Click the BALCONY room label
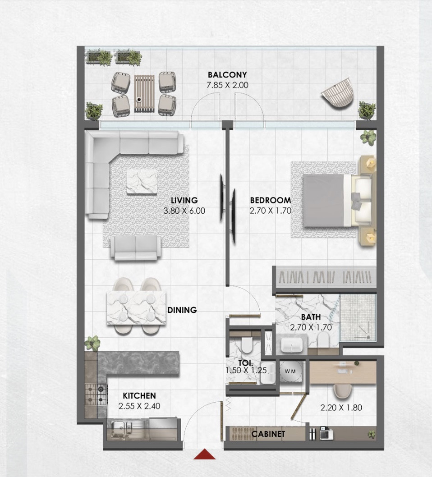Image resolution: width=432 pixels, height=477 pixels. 227,74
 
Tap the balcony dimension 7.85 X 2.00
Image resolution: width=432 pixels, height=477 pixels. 227,85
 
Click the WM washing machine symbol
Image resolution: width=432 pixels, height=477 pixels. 290,371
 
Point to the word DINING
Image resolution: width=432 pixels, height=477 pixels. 182,310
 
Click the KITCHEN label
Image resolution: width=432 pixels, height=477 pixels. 139,395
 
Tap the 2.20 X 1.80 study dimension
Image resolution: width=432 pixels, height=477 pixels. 341,408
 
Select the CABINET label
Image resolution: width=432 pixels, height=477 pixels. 268,434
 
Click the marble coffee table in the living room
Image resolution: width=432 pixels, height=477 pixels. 142,182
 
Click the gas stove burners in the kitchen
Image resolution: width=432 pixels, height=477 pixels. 96,394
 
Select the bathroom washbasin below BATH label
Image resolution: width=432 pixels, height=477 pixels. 291,344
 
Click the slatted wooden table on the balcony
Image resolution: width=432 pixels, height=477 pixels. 144,93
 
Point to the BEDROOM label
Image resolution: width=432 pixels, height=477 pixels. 271,200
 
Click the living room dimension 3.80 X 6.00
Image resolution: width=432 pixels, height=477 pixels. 184,211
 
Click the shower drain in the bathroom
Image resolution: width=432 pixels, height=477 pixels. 368,337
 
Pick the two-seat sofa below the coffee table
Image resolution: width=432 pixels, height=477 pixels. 135,248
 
